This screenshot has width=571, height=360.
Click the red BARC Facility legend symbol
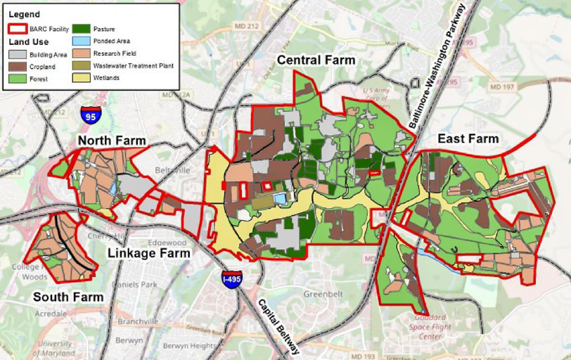[18, 30]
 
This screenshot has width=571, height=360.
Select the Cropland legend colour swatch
[18, 65]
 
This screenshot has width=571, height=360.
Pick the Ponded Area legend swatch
[82, 41]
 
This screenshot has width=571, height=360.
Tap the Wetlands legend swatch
[82, 77]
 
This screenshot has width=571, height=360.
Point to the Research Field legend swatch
[82, 53]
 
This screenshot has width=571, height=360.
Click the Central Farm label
[316, 60]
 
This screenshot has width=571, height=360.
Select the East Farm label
[468, 139]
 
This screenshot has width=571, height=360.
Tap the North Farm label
[112, 141]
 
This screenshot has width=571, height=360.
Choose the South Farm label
[68, 297]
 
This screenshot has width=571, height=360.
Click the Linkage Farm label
[148, 253]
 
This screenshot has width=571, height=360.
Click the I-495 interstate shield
[231, 279]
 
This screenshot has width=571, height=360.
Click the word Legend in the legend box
[24, 14]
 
